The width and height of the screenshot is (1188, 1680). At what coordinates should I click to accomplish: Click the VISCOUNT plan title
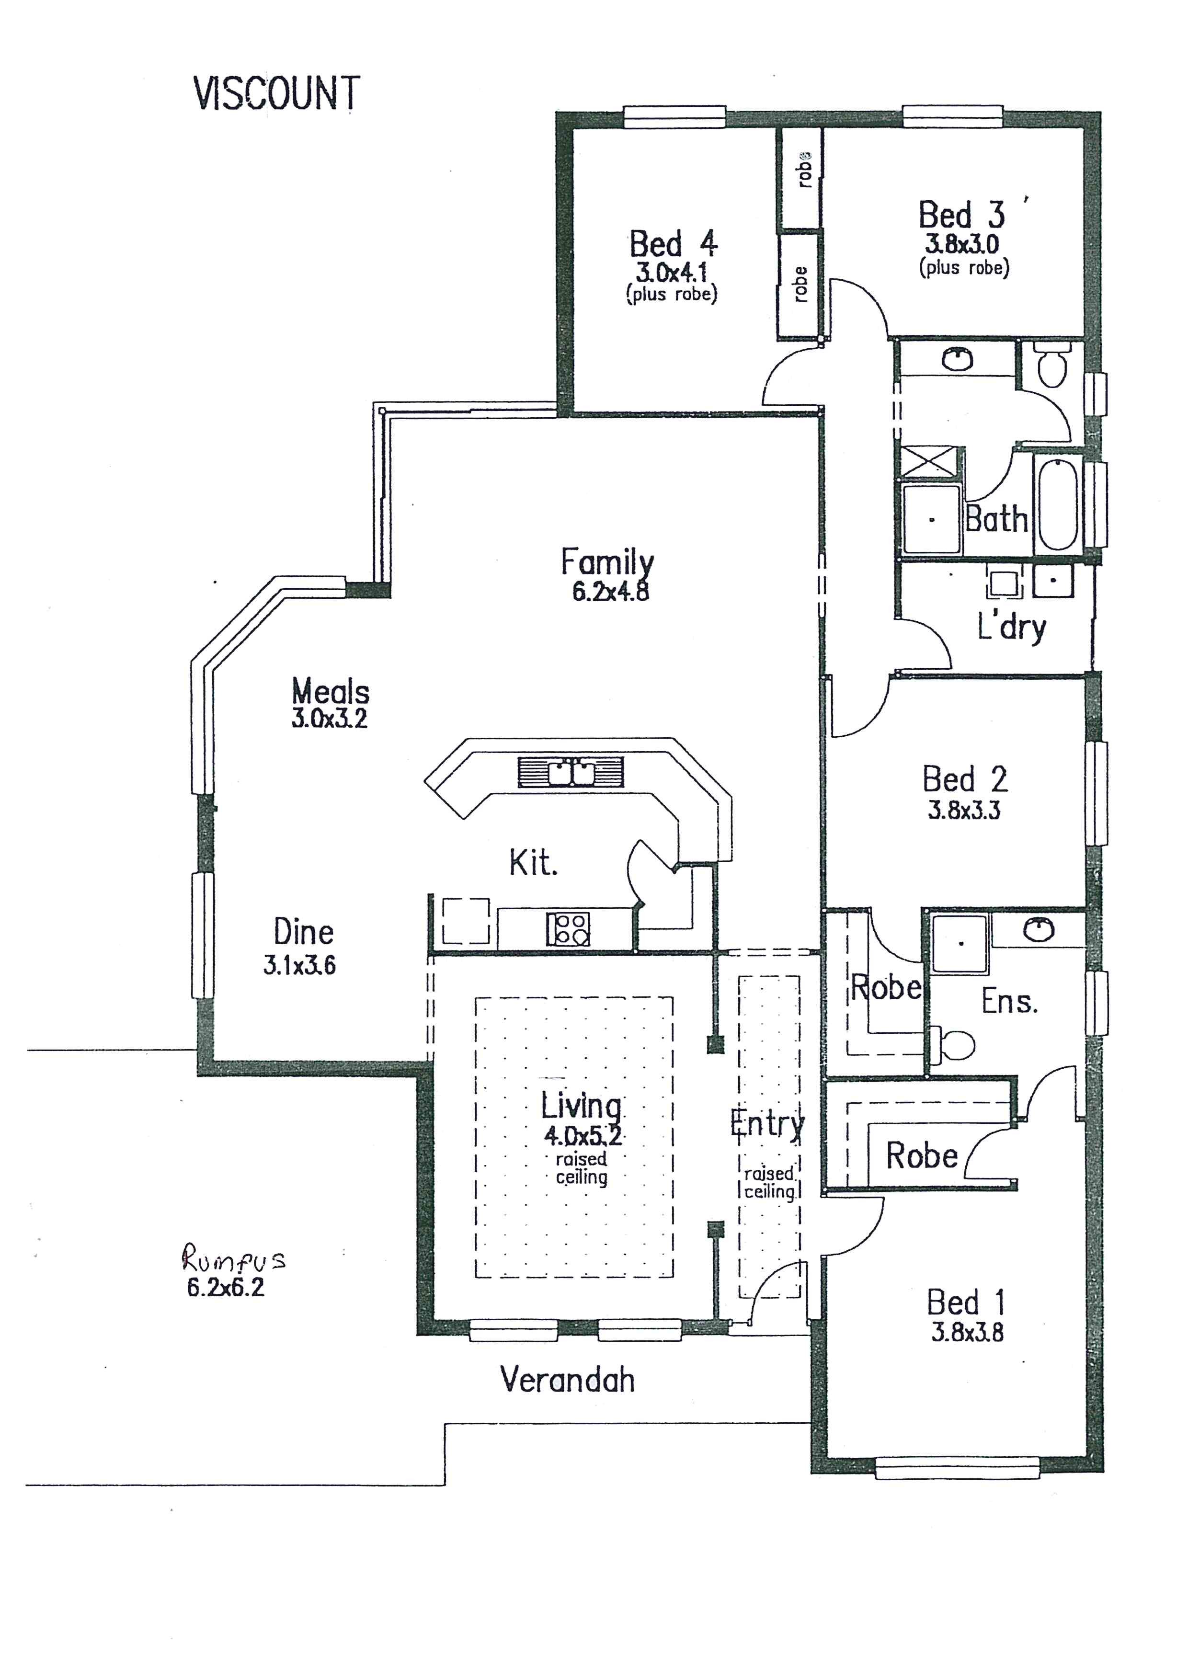coord(276,94)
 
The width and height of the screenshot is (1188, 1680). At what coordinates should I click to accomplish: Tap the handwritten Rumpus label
coord(233,1258)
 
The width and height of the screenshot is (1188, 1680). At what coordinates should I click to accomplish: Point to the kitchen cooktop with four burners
coord(568,929)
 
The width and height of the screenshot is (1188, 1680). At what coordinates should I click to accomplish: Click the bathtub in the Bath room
coord(1058,504)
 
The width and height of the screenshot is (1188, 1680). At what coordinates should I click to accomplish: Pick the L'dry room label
coord(1012,627)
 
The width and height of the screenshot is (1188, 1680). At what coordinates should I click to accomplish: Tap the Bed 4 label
coord(673,244)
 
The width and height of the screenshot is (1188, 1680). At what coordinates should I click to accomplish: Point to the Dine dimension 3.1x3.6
coord(299,965)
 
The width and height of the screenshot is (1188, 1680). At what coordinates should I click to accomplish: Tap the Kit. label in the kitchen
coord(533,863)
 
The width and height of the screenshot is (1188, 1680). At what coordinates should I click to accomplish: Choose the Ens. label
coord(1009,1001)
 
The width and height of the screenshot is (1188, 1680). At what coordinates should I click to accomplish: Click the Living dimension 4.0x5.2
coord(583,1136)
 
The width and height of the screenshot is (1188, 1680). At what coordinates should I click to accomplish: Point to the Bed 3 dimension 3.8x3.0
coord(962,244)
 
